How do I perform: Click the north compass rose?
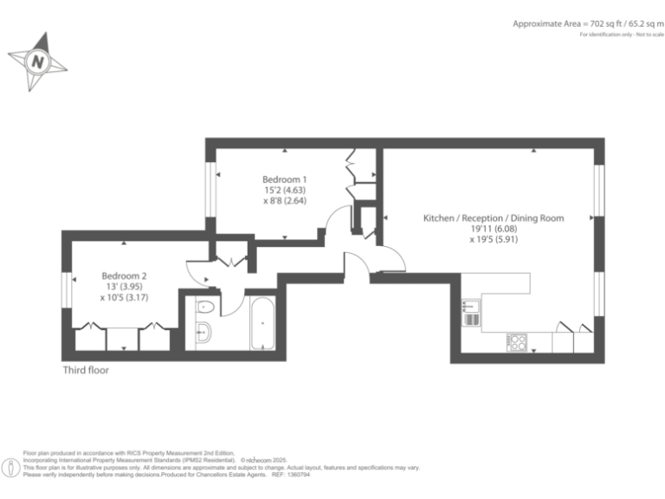coord(37,62)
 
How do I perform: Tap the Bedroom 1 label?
coord(285,179)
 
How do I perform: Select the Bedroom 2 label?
coord(124,276)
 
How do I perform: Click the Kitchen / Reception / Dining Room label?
coord(493,218)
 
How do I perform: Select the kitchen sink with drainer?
coord(470,312)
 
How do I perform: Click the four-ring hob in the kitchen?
coord(519,342)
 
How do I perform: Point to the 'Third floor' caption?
coord(86,370)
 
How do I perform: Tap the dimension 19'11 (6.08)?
coord(493,229)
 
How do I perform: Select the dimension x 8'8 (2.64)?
coord(285,200)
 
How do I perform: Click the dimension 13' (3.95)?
coord(124,287)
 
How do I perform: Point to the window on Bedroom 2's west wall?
coord(66,289)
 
